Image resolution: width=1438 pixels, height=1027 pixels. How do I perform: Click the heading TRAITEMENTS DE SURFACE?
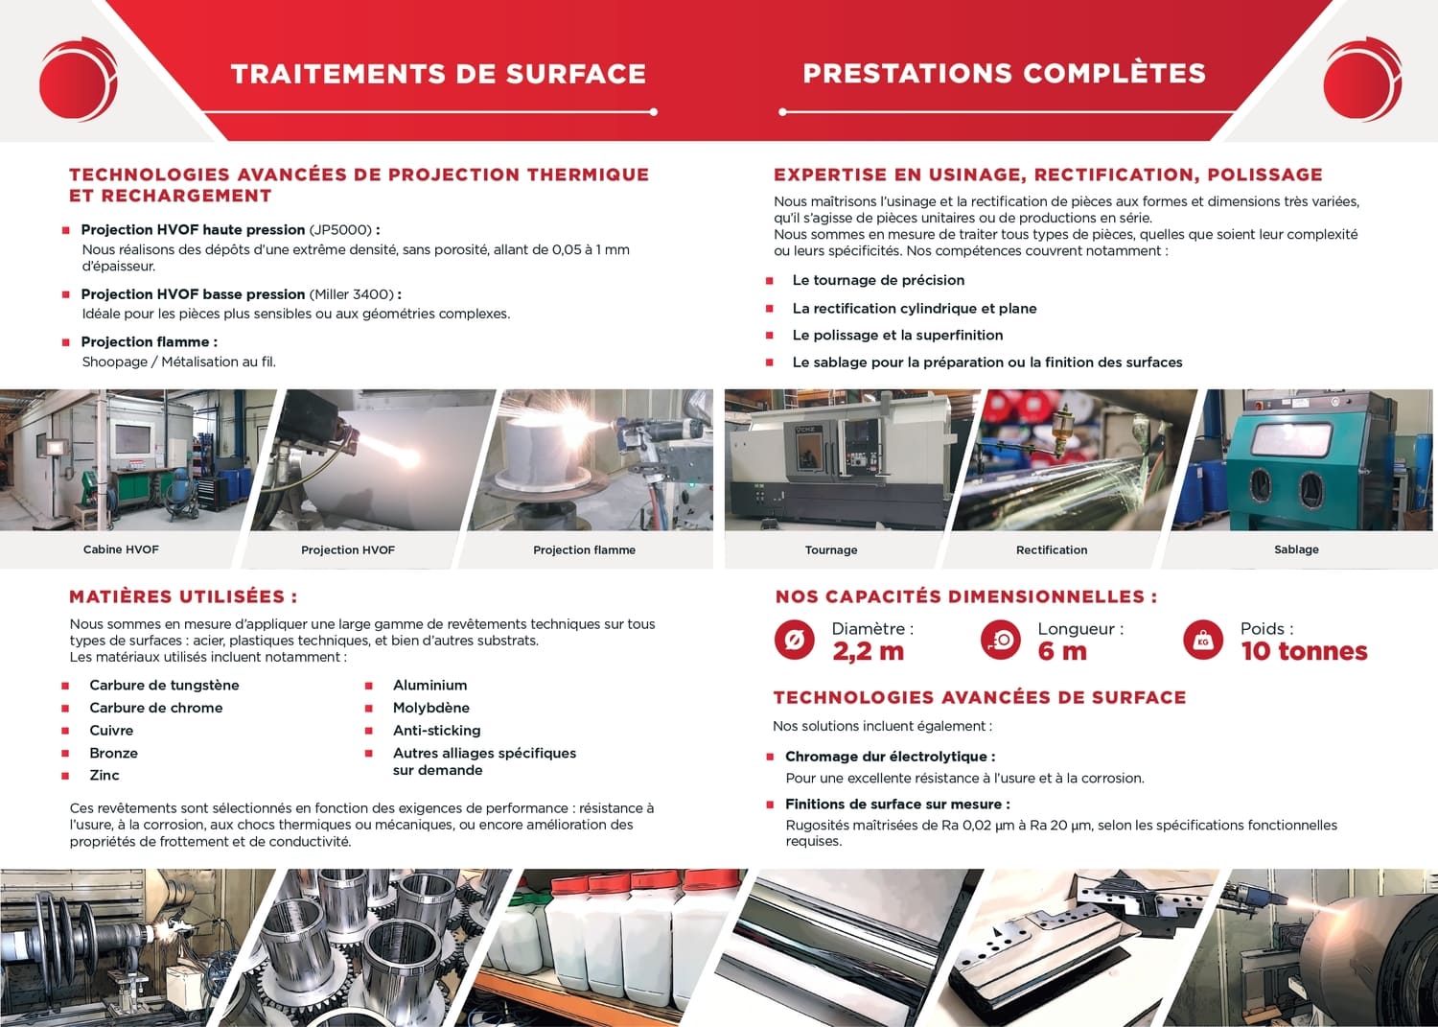438,74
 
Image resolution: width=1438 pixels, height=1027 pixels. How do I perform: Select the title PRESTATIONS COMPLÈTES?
1004,73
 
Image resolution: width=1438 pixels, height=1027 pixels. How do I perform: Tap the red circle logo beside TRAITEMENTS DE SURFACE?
79,79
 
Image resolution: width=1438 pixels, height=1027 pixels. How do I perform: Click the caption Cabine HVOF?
121,549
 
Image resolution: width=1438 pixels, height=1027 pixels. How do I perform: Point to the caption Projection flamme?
584,549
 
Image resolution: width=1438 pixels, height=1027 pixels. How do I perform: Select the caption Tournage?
831,549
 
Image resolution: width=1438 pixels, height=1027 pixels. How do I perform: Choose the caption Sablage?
1296,549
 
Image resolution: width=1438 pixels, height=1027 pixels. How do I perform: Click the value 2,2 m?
868,651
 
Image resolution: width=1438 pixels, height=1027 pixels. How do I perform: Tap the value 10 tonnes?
1304,651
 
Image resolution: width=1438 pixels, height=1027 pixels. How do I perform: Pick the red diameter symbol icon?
794,641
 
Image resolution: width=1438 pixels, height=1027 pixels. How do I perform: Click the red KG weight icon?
1203,641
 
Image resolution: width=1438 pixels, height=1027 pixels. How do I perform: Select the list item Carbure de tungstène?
164,686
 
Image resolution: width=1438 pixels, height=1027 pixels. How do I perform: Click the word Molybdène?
430,708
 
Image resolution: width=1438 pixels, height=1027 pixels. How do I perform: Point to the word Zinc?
104,775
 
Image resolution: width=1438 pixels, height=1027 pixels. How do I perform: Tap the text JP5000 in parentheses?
341,230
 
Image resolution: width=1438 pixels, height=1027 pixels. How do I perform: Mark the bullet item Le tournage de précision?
878,280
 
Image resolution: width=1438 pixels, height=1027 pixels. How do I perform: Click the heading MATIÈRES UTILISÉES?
183,596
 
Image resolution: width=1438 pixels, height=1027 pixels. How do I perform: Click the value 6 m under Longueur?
1062,651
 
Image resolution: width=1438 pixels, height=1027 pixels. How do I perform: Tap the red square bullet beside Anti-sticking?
368,731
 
